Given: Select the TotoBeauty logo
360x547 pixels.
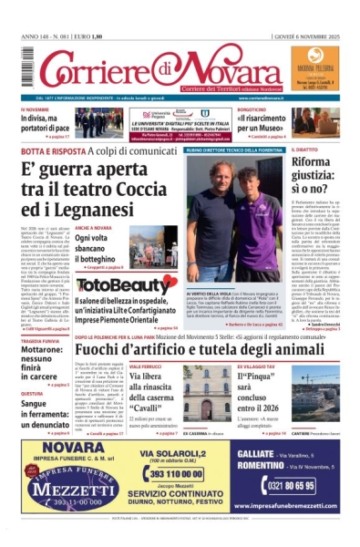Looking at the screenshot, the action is [x=114, y=285].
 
